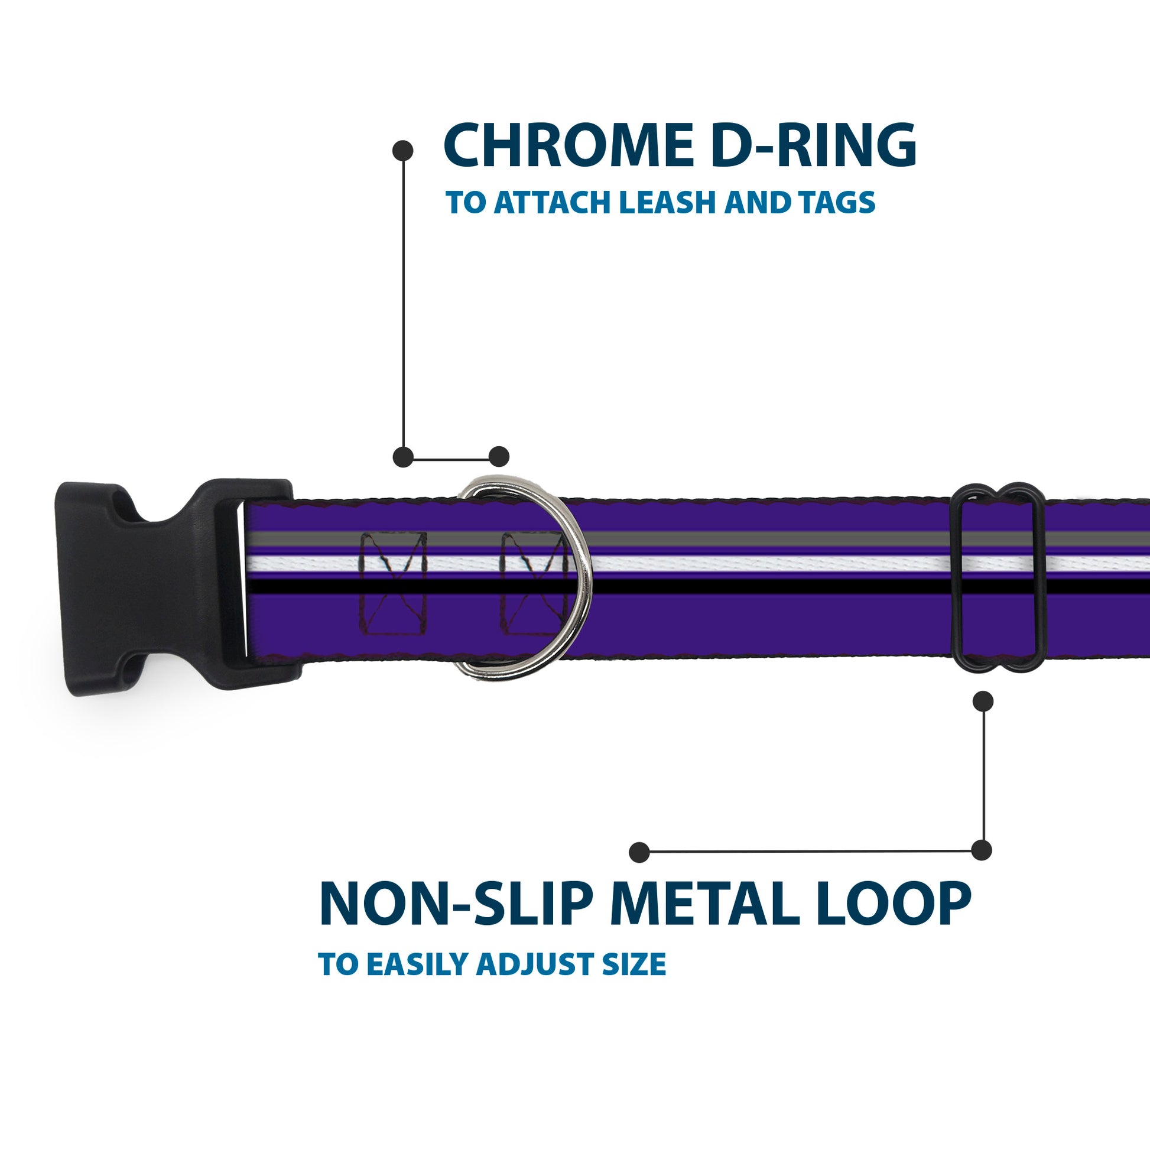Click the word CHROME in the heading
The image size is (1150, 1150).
click(568, 146)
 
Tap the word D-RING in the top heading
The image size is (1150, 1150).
click(814, 146)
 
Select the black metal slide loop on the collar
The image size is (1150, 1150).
click(999, 579)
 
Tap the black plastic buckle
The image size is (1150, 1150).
click(149, 586)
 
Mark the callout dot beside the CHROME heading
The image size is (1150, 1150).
click(403, 151)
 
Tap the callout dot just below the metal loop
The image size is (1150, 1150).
click(983, 701)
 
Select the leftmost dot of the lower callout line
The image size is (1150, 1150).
click(639, 852)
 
